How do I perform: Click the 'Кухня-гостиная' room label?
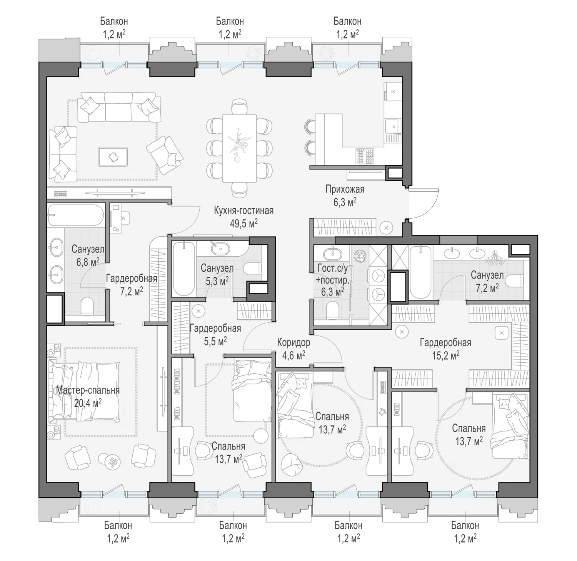pos(244,211)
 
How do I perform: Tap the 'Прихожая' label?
pos(345,189)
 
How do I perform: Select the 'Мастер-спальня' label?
pos(88,390)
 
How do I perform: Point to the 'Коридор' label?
pos(294,342)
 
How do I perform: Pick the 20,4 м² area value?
pos(88,403)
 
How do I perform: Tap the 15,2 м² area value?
pos(445,355)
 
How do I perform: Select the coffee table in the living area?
pos(113,156)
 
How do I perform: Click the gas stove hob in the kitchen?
pos(364,156)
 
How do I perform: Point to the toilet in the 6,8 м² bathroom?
pos(87,305)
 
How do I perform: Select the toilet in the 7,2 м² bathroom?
pos(515,282)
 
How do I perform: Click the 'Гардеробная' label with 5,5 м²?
pos(215,329)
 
